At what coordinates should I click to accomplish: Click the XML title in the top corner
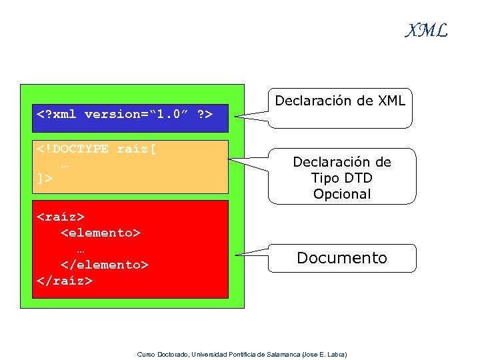coord(427,31)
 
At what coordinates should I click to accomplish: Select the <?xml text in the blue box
coord(57,114)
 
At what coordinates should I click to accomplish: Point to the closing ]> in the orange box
coord(45,179)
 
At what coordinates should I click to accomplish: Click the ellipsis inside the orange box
coord(65,164)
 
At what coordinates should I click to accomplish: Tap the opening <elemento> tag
coord(101,233)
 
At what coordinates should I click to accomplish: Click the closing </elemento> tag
coord(105,265)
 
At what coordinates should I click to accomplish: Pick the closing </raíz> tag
coord(65,281)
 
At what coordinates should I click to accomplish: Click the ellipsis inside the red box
coord(81,249)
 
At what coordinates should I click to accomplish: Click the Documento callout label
coord(341,258)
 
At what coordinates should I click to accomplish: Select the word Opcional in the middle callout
coord(341,194)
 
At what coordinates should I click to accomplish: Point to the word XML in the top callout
coord(391,101)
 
